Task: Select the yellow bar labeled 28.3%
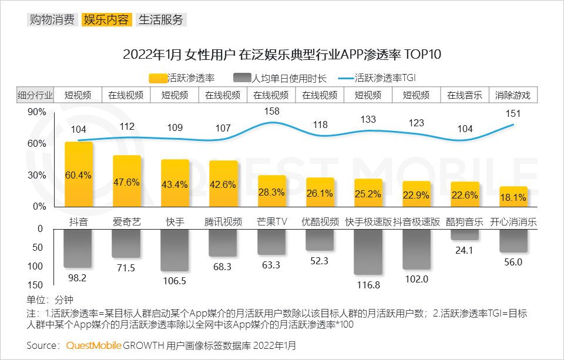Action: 272,191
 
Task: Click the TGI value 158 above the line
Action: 271,110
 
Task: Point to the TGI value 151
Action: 513,113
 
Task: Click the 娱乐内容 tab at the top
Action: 106,19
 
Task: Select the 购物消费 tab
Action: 52,19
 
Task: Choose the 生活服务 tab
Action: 160,19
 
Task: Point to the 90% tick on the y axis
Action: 37,112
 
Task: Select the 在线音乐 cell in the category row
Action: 465,95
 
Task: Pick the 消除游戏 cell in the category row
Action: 513,95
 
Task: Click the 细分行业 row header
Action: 35,95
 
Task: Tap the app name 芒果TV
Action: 271,222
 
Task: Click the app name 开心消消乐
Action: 513,222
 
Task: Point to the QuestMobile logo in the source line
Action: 94,345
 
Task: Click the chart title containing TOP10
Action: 282,55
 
